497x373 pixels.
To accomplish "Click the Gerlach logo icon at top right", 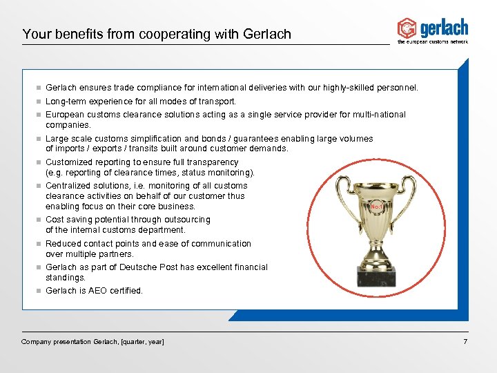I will click(x=407, y=28).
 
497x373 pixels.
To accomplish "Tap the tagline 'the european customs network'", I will click(x=433, y=42).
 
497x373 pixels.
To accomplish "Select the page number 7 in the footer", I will click(x=466, y=342).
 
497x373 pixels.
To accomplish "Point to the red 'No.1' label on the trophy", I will click(x=377, y=207).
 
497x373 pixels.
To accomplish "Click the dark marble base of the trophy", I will click(x=376, y=276).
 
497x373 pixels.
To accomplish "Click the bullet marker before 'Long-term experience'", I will click(x=39, y=102).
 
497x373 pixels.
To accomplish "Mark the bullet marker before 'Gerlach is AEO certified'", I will click(x=39, y=291).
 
